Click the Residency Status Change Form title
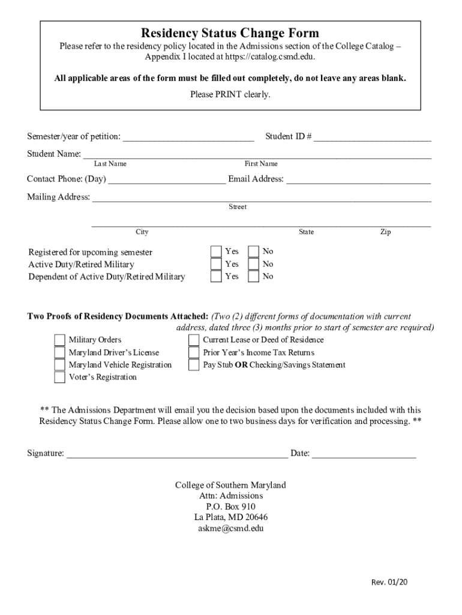coord(230,32)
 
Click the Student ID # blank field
coord(372,137)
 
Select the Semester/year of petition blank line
coord(188,137)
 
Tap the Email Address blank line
coord(359,179)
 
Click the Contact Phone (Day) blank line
coord(167,179)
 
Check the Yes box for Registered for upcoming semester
coord(216,252)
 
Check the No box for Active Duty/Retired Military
coord(254,264)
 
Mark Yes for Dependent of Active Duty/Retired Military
coord(216,276)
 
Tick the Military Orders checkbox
coord(59,340)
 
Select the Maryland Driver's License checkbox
coord(59,353)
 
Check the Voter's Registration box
coord(59,377)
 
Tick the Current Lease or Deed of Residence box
coord(194,340)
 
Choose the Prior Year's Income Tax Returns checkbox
coord(194,353)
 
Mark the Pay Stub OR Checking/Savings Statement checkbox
coord(194,365)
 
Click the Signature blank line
coord(177,453)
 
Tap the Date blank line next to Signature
coord(364,453)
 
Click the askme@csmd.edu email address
coord(230,529)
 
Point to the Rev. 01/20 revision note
coord(389,581)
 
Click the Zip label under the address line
coord(385,232)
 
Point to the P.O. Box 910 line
coord(230,507)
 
